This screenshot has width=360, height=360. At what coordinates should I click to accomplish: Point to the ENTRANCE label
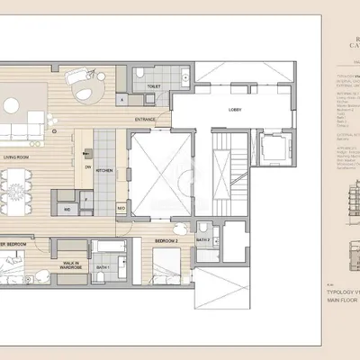(146, 119)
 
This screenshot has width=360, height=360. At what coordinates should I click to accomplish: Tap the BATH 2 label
(204, 240)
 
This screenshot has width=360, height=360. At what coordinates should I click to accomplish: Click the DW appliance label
(88, 167)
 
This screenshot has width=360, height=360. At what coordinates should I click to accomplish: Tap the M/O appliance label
(121, 208)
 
